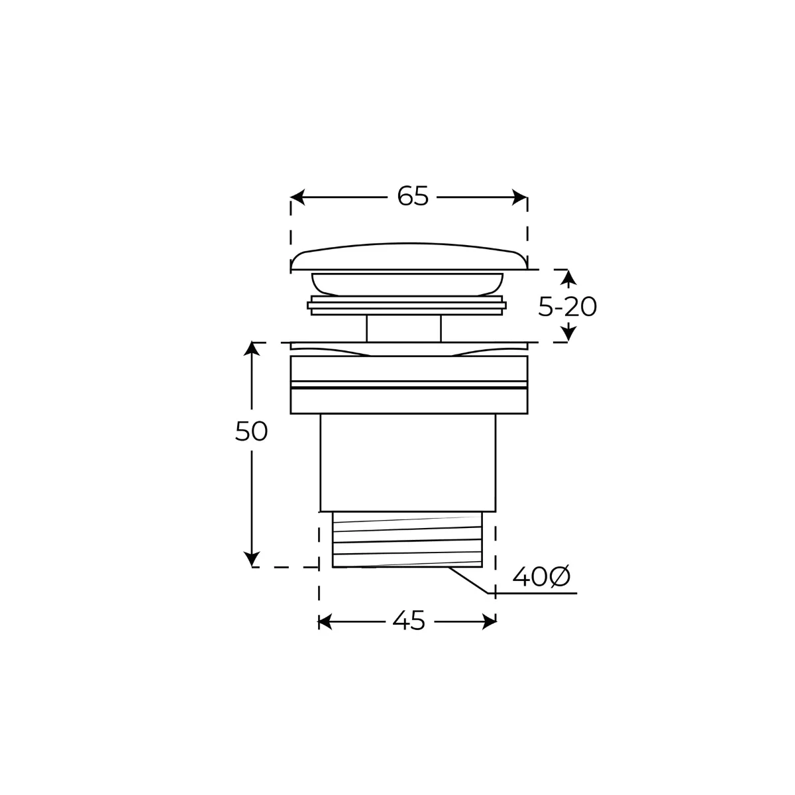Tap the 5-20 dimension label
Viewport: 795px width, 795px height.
(x=567, y=307)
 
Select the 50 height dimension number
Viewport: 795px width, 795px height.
(x=251, y=432)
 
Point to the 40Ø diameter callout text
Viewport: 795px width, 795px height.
(x=541, y=577)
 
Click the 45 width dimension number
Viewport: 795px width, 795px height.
(x=409, y=621)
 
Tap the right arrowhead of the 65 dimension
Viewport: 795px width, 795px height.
(x=520, y=197)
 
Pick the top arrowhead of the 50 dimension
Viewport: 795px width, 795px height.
(x=252, y=348)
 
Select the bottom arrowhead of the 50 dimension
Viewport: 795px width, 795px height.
(x=252, y=560)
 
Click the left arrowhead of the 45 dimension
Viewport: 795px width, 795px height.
(x=325, y=621)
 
